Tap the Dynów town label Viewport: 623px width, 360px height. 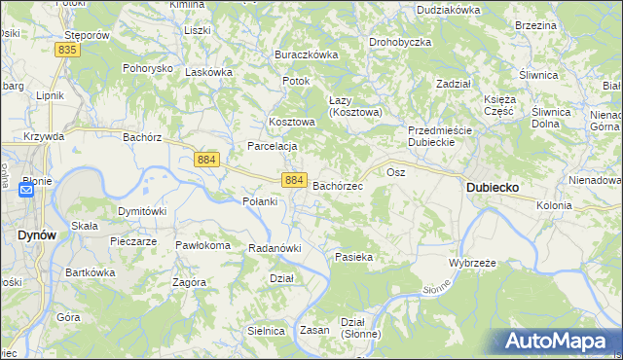click(x=35, y=234)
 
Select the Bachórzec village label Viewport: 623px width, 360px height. click(x=338, y=185)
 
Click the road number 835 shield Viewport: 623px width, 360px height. click(x=67, y=49)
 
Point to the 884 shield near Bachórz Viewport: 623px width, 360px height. click(x=205, y=159)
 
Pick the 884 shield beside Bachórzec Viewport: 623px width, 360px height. click(x=295, y=180)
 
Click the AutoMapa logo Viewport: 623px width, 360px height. click(x=558, y=342)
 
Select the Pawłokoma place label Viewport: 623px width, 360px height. click(x=202, y=245)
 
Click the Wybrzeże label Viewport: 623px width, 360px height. click(x=473, y=263)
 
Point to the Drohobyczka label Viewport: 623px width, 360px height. click(x=400, y=43)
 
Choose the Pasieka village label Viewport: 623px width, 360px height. click(x=354, y=257)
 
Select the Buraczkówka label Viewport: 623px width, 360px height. click(x=306, y=54)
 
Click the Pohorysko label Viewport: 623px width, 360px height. click(x=147, y=69)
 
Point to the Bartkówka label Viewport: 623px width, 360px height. click(x=90, y=273)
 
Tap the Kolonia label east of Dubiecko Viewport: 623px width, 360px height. click(x=554, y=205)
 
